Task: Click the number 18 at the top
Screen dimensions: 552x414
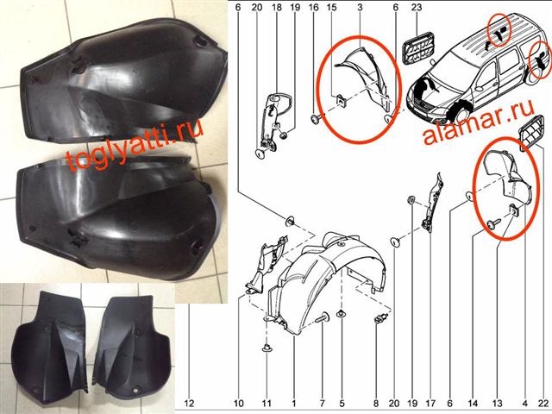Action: coord(277,7)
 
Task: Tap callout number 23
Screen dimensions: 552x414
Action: coord(416,7)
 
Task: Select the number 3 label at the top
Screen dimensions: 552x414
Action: coord(360,7)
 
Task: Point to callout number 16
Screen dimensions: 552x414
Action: coord(314,7)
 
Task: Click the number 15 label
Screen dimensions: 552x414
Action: coord(331,7)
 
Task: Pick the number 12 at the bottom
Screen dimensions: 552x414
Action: coord(189,404)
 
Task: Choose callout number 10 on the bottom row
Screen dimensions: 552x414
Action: coord(238,404)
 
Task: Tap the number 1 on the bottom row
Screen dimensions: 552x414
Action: coord(294,404)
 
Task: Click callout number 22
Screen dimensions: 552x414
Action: coord(543,404)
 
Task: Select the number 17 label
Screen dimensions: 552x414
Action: coord(430,404)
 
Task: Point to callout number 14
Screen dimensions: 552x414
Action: coord(473,404)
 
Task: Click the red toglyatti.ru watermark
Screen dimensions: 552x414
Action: coord(135,145)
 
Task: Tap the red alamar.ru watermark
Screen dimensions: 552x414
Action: coord(479,123)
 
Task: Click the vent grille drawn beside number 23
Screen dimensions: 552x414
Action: coord(419,48)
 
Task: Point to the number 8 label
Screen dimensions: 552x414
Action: coord(376,404)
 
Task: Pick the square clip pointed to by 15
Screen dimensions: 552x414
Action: coord(341,100)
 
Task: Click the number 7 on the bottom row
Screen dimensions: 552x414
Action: coord(322,404)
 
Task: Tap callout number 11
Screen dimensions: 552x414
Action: coord(267,404)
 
